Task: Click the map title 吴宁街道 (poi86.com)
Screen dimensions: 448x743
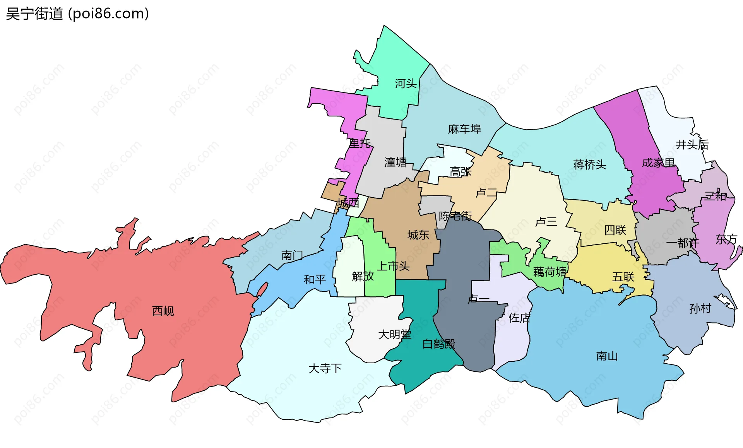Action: [x=77, y=14]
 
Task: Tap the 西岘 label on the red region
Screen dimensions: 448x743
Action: [x=163, y=311]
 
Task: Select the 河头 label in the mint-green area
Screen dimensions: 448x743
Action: [x=406, y=84]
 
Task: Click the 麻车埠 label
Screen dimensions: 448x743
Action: [x=464, y=129]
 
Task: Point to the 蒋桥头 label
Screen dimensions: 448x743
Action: [x=589, y=165]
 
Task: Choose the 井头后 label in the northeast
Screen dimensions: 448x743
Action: [x=692, y=145]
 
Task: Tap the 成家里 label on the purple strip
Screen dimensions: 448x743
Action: [x=658, y=163]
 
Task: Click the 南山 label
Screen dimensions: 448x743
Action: [x=607, y=356]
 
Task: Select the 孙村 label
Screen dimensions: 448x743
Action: [x=700, y=309]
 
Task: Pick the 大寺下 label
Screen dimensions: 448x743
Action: [x=325, y=368]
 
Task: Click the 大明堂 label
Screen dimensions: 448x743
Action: [x=395, y=334]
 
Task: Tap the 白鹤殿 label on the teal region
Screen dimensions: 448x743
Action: [x=439, y=344]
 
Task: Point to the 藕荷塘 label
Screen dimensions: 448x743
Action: [x=550, y=272]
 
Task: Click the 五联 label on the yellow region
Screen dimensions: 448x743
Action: [x=623, y=277]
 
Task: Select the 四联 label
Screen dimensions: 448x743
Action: [x=615, y=230]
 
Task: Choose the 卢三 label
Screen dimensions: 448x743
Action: [x=546, y=222]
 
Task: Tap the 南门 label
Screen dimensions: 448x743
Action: [x=292, y=255]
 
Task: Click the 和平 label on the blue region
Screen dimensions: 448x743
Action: [x=315, y=279]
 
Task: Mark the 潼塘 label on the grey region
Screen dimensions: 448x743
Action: [x=395, y=162]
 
